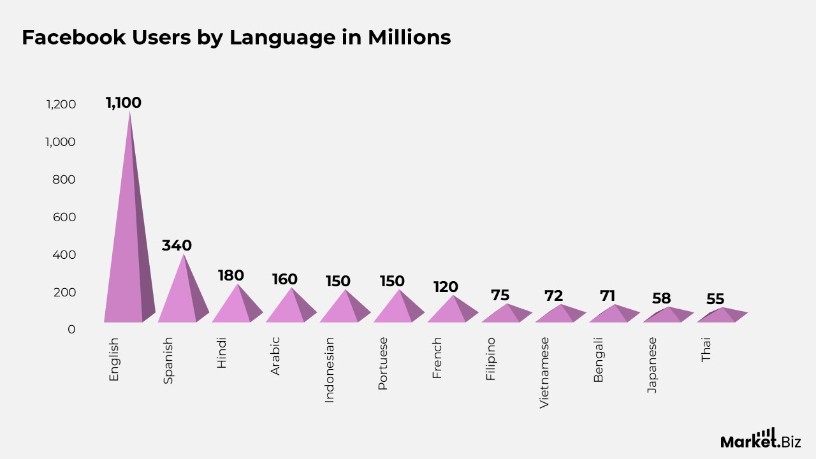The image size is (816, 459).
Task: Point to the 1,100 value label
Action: click(124, 103)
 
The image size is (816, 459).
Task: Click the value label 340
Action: click(177, 245)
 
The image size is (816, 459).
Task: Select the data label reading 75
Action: click(500, 295)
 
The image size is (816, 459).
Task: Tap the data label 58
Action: click(662, 298)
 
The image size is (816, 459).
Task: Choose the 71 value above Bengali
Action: click(608, 296)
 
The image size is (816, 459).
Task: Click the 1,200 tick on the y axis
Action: click(61, 105)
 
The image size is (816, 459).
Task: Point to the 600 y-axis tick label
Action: click(64, 217)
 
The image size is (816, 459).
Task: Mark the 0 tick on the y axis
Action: click(71, 330)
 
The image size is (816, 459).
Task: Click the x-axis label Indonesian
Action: click(330, 370)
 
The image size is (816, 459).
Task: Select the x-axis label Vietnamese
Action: click(544, 373)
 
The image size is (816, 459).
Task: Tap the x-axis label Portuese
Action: click(383, 364)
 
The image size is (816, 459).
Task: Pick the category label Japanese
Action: click(652, 365)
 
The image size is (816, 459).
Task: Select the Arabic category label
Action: click(275, 356)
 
